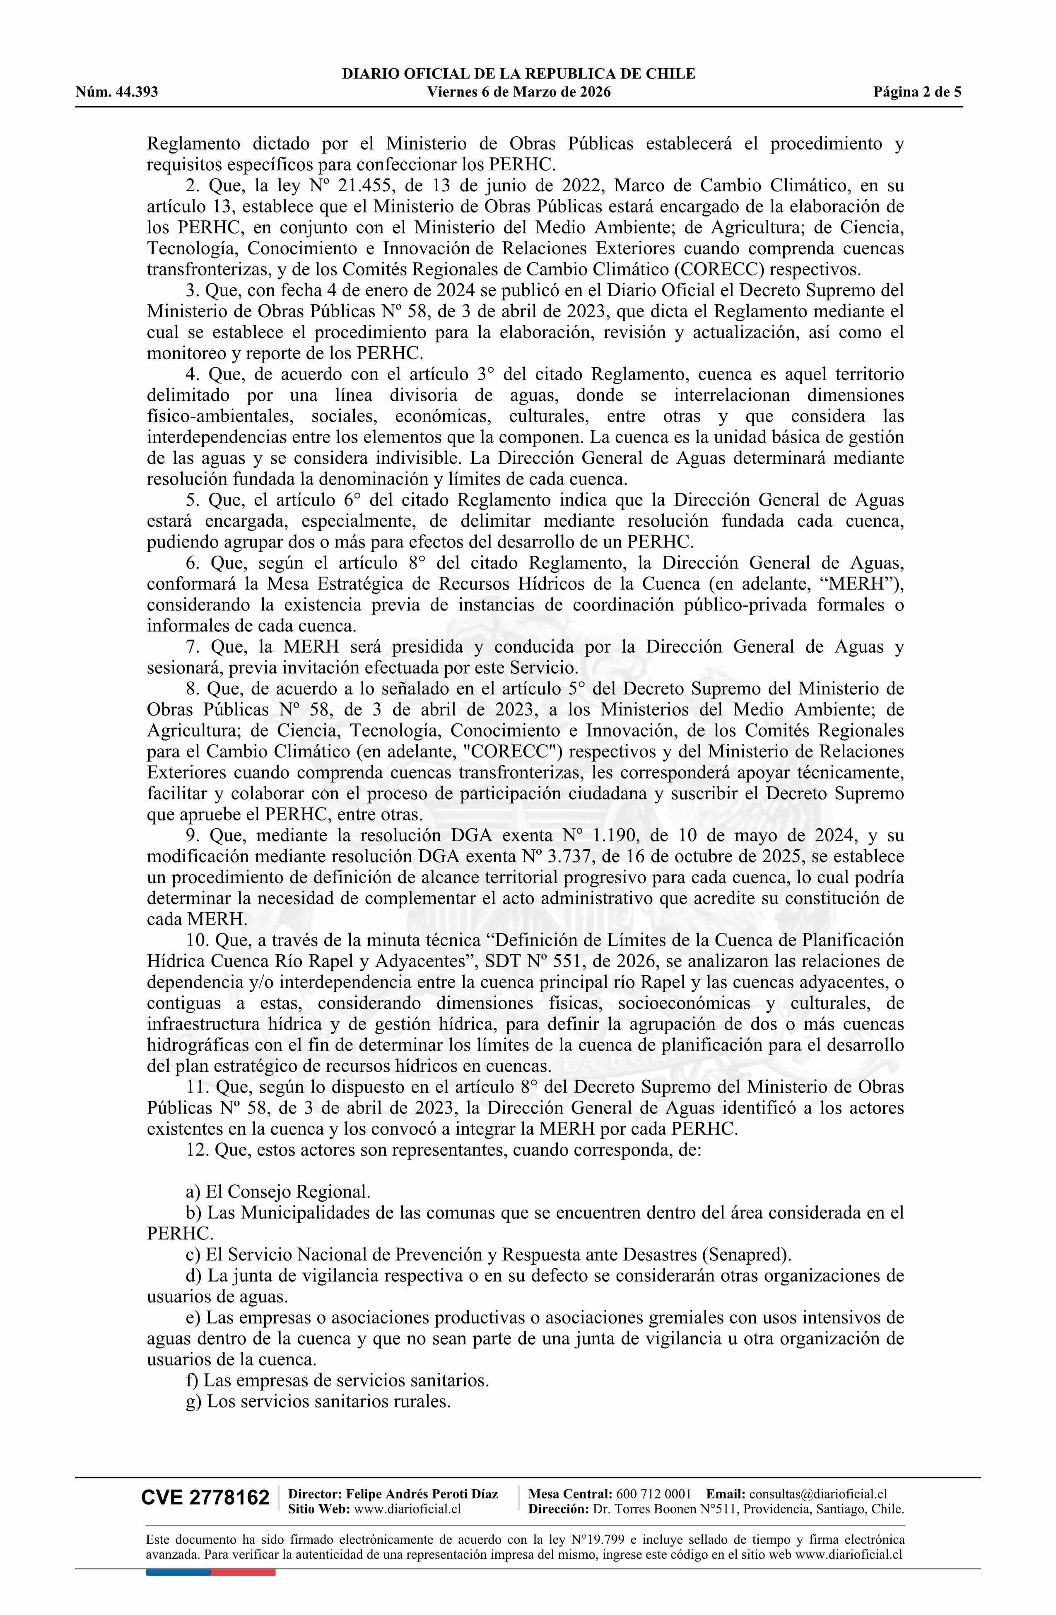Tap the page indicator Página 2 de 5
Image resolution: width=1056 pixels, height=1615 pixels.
917,92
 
